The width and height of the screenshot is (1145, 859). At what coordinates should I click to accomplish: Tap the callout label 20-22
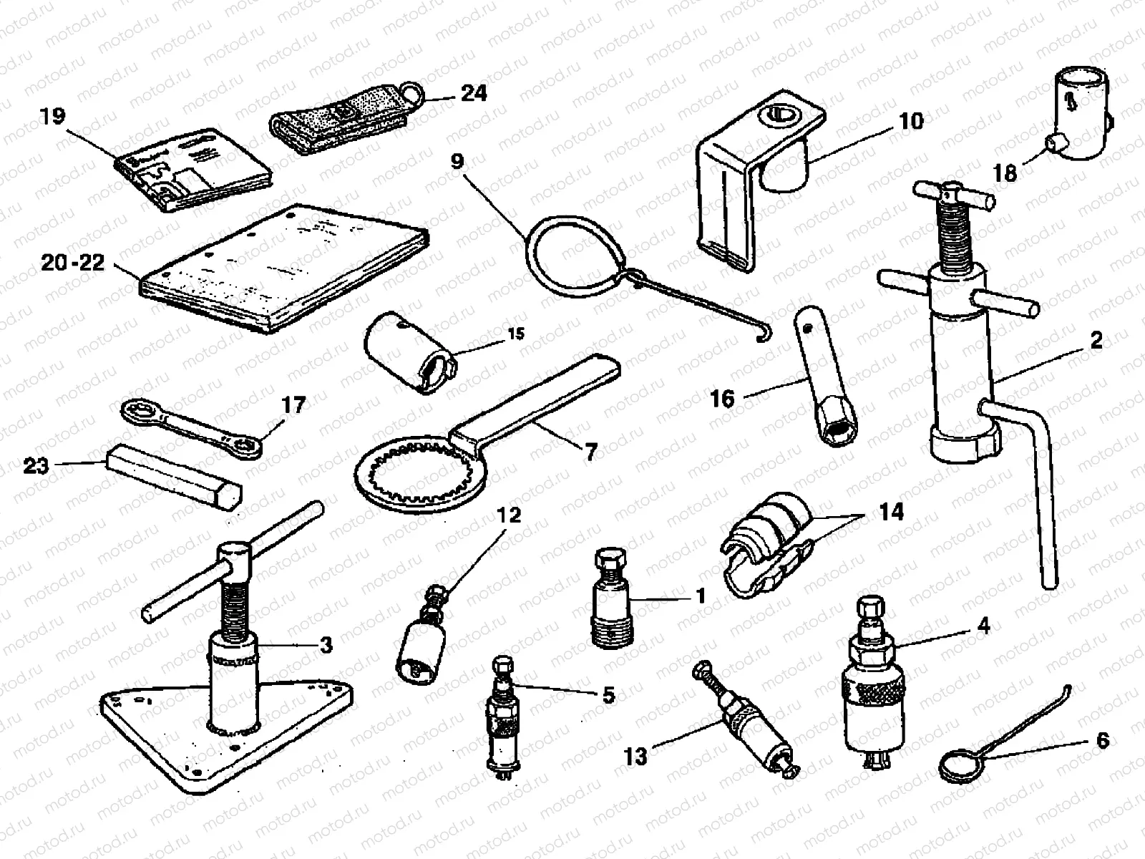(72, 263)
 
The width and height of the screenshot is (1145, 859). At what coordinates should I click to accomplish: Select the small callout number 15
(516, 334)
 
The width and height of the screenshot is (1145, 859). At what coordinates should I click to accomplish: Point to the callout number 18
(1005, 173)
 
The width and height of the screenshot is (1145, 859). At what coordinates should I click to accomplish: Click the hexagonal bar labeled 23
(174, 476)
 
